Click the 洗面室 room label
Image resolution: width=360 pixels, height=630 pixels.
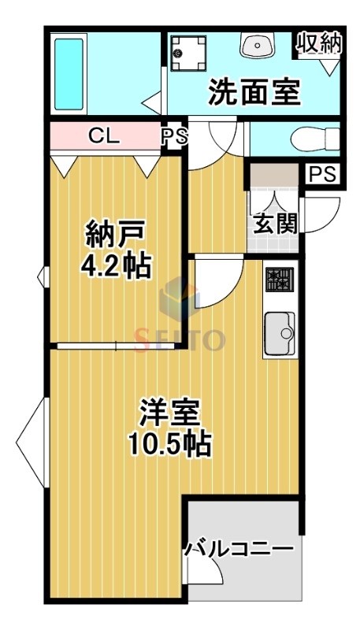[x=254, y=93]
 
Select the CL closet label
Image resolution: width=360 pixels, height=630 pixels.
[x=103, y=136]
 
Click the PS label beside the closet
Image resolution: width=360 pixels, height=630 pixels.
[x=175, y=136]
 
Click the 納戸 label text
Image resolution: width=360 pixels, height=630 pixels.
[x=117, y=235]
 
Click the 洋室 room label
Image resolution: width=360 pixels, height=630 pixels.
[x=170, y=413]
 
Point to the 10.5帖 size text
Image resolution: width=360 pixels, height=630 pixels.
[x=170, y=445]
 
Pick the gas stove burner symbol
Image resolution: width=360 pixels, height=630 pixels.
[x=279, y=279]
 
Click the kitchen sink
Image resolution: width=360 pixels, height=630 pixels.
[x=279, y=333]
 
